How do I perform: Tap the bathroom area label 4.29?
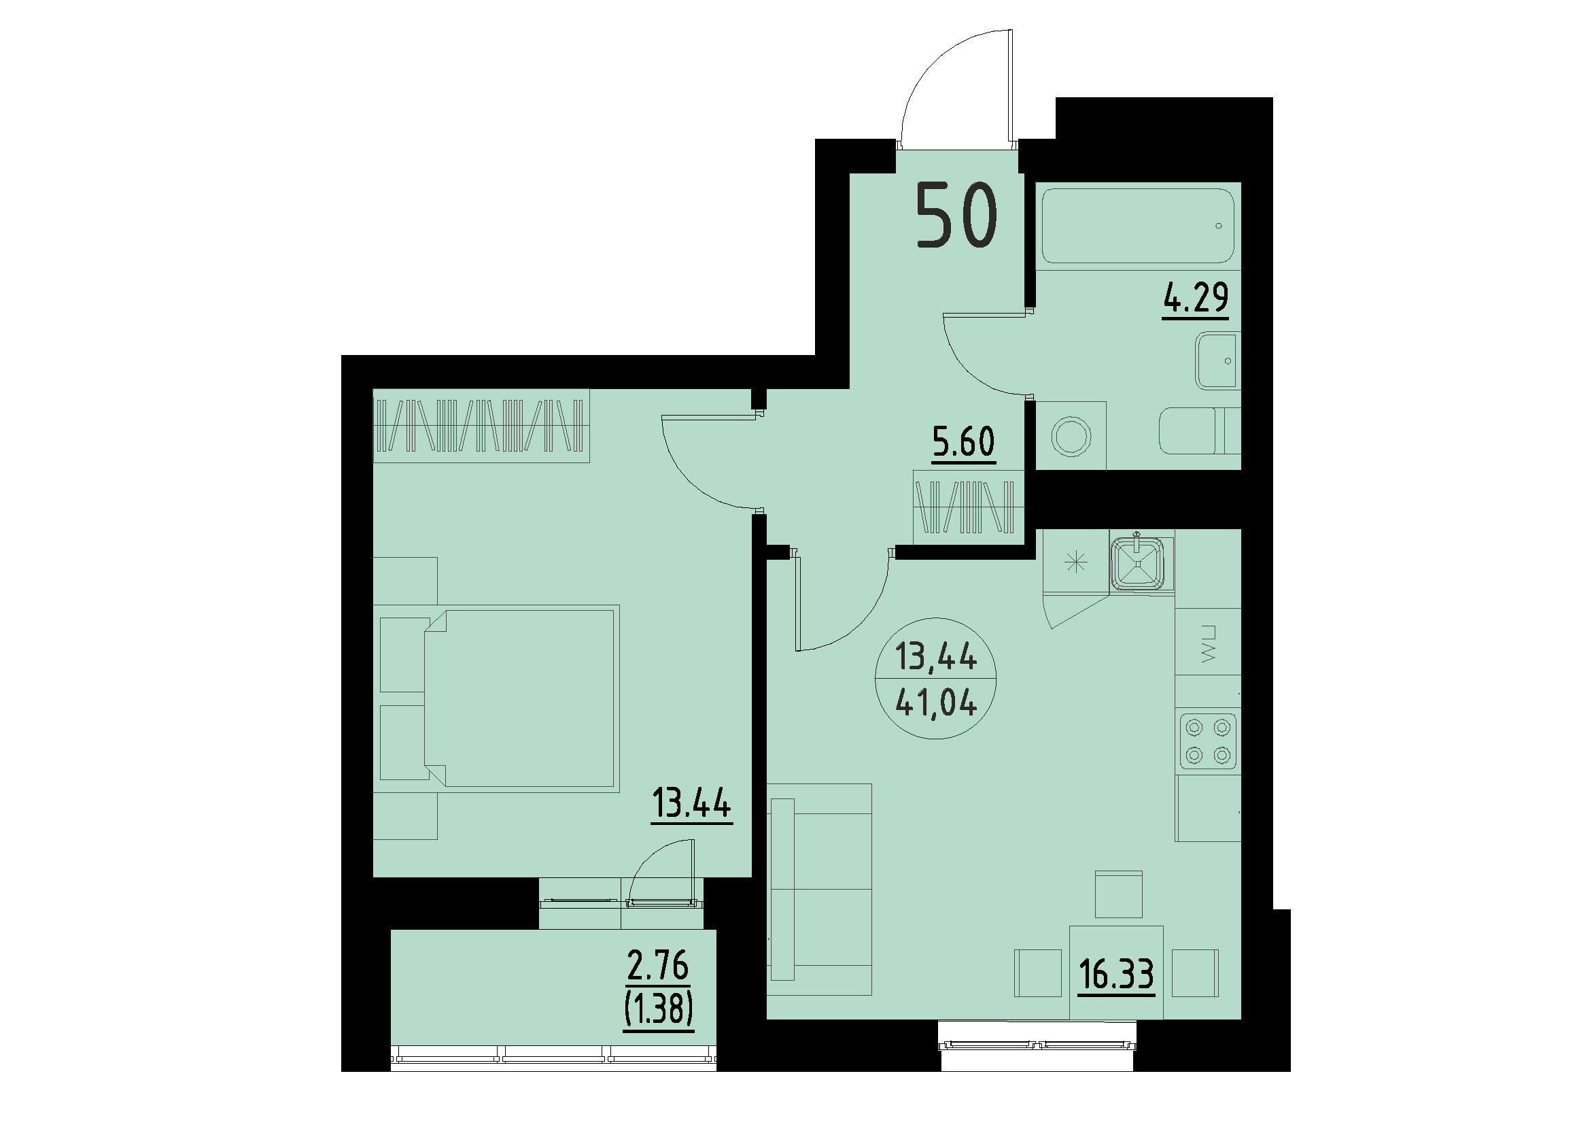tap(1195, 297)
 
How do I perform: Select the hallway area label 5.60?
tap(964, 441)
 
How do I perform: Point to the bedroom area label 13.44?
tap(691, 804)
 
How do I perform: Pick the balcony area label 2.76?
tap(657, 966)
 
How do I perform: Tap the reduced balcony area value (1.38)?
tap(658, 1009)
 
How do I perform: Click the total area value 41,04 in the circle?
tap(936, 705)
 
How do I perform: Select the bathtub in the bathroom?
tap(1137, 226)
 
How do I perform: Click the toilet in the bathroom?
tap(1198, 431)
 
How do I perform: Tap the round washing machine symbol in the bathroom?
tap(1071, 437)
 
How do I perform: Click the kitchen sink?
tap(1137, 563)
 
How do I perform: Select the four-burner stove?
tap(1208, 741)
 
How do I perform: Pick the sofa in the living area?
tap(820, 889)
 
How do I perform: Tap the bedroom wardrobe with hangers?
tap(481, 426)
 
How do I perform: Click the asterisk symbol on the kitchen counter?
tap(1075, 562)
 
